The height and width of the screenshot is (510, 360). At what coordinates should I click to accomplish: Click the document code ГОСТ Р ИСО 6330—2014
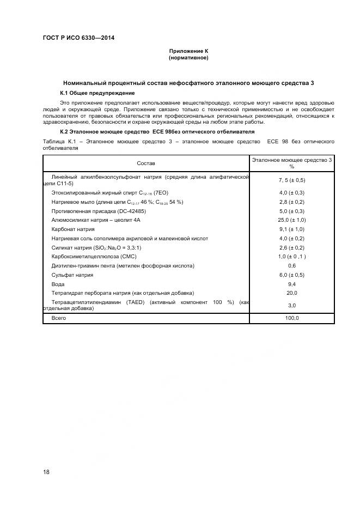78,38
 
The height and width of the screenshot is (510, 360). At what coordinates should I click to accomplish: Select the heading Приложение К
188,51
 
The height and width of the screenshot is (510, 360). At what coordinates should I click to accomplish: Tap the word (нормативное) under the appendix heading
188,58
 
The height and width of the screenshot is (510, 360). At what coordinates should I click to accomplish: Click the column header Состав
146,163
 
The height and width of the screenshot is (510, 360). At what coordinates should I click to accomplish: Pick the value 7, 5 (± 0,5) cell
291,180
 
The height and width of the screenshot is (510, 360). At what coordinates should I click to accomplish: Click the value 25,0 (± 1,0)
291,220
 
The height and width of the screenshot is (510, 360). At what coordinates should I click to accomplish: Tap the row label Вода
58,284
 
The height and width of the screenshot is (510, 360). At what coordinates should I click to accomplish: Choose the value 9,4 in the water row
291,284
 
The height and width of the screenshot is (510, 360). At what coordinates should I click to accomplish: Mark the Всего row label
59,318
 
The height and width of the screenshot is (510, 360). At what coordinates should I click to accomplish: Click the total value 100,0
291,318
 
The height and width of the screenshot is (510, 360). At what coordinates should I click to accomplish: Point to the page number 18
46,472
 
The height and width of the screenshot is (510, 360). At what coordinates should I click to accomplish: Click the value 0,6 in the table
291,265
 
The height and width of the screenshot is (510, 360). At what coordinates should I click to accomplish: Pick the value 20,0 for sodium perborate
291,293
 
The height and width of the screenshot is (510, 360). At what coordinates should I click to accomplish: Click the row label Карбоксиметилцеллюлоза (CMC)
93,256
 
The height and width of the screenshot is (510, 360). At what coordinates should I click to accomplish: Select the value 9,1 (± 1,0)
291,229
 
